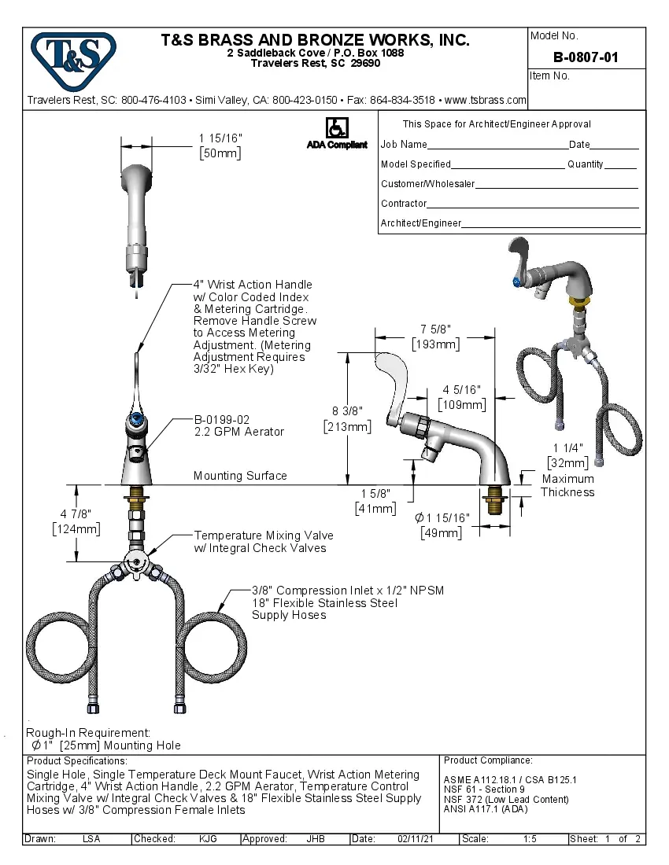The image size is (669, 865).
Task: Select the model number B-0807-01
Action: pyautogui.click(x=586, y=57)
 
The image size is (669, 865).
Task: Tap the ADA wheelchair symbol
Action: pyautogui.click(x=336, y=127)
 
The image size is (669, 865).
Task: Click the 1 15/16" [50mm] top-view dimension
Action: pyautogui.click(x=220, y=145)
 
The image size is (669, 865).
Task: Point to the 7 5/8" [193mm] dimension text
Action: pyautogui.click(x=436, y=337)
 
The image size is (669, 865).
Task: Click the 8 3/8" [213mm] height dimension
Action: pyautogui.click(x=347, y=418)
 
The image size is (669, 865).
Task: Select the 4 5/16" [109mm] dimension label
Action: pyautogui.click(x=463, y=397)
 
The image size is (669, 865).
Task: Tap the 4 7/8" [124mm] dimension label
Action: pyautogui.click(x=76, y=521)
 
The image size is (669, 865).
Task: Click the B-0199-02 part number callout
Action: pyautogui.click(x=222, y=420)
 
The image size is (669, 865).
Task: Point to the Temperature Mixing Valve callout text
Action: pyautogui.click(x=260, y=542)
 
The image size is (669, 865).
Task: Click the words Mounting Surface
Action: pyautogui.click(x=240, y=476)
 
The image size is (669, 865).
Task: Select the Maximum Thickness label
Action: pyautogui.click(x=567, y=485)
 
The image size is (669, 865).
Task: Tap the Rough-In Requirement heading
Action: pyautogui.click(x=88, y=732)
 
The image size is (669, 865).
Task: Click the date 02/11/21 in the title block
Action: pyautogui.click(x=416, y=839)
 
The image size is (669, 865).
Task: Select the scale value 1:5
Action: pyautogui.click(x=529, y=839)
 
